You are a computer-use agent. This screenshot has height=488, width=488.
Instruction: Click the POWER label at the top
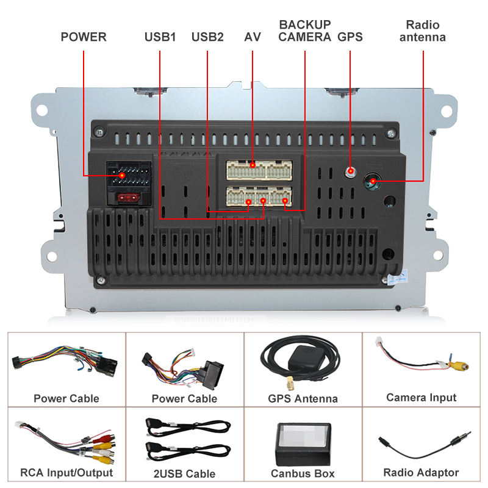[x=83, y=37]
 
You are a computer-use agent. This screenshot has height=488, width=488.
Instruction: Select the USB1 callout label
[x=160, y=37]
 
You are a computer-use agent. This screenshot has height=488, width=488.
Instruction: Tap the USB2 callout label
[x=207, y=37]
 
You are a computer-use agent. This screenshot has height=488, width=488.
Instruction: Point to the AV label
[x=253, y=37]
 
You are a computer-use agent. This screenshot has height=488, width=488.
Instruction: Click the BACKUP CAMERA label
[x=305, y=30]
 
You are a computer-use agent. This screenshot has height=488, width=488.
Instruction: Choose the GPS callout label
[x=350, y=37]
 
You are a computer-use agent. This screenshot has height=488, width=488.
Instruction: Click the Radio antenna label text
[x=422, y=31]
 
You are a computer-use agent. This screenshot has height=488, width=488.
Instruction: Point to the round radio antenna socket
[x=372, y=181]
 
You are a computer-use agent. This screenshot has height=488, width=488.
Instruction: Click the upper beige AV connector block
[x=259, y=170]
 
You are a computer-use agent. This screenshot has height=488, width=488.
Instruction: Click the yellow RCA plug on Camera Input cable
[x=458, y=365]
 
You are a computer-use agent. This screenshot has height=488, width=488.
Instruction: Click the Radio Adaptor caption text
[x=421, y=472]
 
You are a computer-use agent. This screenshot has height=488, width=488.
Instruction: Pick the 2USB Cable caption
[x=184, y=473]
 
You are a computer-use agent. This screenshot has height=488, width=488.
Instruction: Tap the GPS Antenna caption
[x=303, y=399]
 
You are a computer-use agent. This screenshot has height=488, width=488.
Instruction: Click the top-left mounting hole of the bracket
[x=42, y=110]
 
